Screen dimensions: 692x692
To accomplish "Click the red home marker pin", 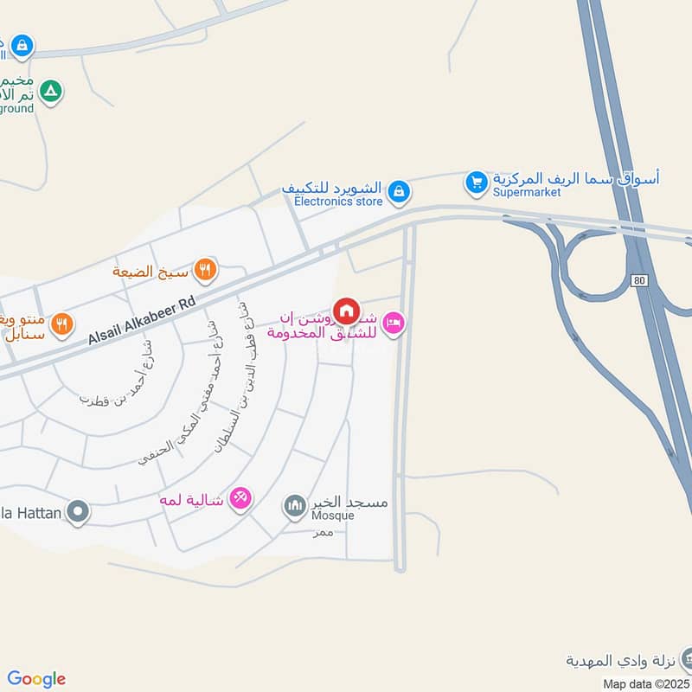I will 346,311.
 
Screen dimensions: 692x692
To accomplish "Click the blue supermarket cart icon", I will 475,183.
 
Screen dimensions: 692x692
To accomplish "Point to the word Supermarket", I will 527,193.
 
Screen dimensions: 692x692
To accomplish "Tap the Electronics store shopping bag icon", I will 398,190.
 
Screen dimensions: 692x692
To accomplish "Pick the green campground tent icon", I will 51,90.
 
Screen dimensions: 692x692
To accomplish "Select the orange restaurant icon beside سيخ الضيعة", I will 205,268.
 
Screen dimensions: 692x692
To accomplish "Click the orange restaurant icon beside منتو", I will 61,325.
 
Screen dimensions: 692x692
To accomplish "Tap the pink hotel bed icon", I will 394,324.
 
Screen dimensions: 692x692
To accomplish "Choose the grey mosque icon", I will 295,503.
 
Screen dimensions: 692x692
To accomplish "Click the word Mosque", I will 333,516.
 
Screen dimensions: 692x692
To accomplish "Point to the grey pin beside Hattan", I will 79,512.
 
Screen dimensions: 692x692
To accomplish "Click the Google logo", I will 36,679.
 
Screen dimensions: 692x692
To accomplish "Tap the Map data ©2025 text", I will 645,683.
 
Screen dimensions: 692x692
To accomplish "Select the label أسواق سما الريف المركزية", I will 576,179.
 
